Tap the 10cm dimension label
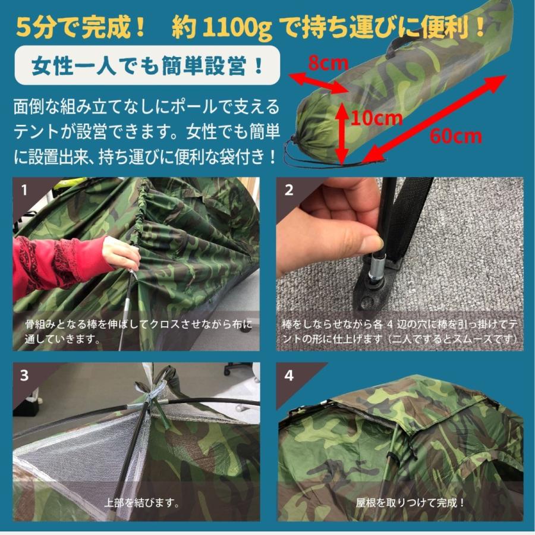coord(376,118)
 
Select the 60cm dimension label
coord(456,136)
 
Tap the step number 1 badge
coord(24,191)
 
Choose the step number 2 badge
coord(289,191)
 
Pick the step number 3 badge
coord(24,376)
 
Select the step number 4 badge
coord(289,376)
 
